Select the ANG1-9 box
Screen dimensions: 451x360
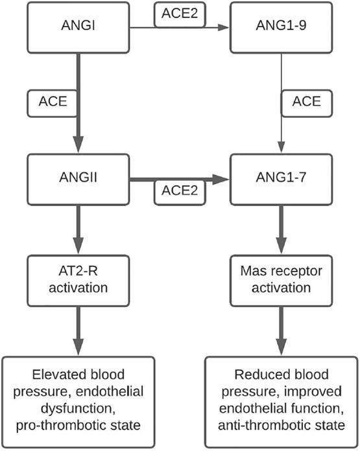click(x=281, y=27)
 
